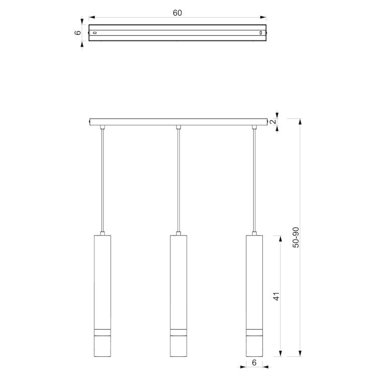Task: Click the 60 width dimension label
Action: [x=177, y=13]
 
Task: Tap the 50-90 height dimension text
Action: [x=296, y=237]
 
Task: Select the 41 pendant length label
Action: [x=276, y=297]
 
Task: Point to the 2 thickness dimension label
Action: [x=273, y=122]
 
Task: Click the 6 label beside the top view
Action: [x=78, y=33]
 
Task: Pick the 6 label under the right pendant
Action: [x=254, y=362]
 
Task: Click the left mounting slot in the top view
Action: [x=95, y=33]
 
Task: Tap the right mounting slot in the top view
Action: [x=261, y=33]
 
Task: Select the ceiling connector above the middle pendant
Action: [x=178, y=127]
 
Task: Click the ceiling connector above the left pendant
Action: [x=103, y=127]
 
